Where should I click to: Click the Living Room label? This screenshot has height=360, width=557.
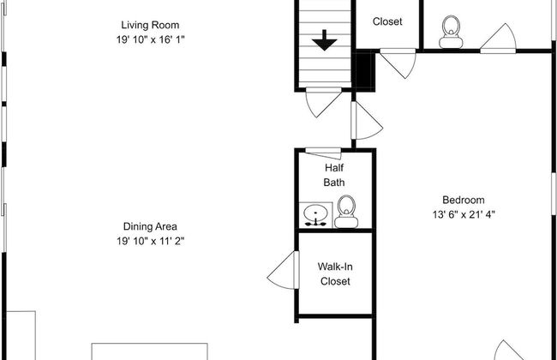coord(151,25)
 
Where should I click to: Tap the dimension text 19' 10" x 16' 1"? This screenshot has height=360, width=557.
coord(151,39)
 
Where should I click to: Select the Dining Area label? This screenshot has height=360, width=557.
coord(150,226)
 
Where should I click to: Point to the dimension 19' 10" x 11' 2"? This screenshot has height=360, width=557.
coord(150,241)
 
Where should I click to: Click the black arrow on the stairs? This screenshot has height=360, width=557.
coord(324,40)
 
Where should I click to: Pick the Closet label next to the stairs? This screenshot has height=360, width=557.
coord(386,22)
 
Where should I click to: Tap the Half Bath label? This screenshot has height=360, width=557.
coord(334,176)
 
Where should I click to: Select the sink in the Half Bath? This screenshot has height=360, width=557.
coord(317,214)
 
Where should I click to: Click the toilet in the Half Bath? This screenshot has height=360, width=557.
coord(346,211)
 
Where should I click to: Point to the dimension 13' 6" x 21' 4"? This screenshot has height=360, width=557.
coord(463,214)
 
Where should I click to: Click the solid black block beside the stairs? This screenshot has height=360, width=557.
coord(363,70)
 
